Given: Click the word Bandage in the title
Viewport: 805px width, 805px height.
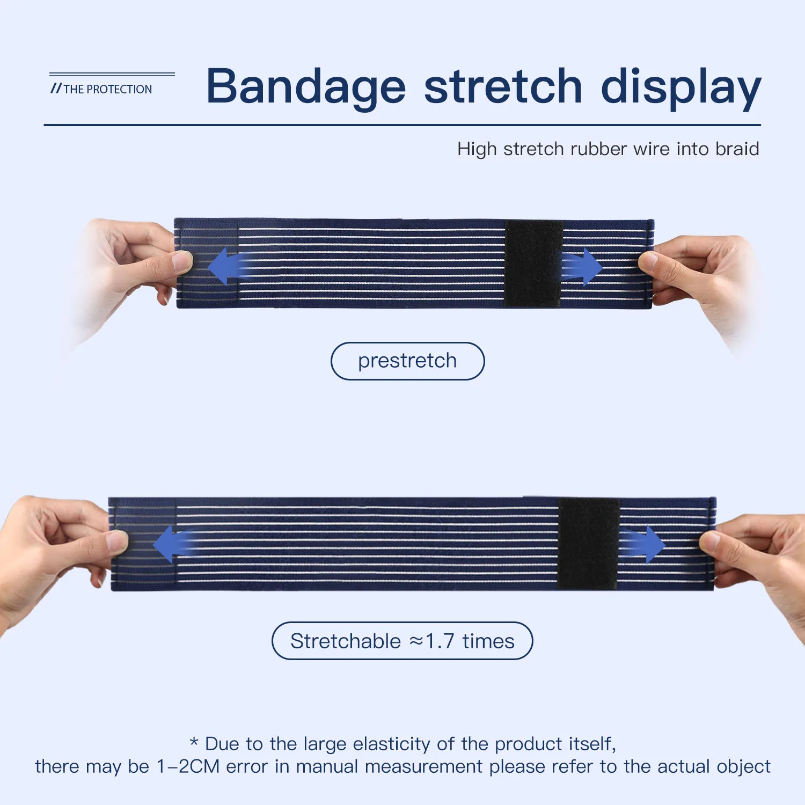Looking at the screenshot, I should pos(306,87).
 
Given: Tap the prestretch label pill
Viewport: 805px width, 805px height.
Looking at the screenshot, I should pos(407,361).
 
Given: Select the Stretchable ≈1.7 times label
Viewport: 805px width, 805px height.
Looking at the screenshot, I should pos(402,641).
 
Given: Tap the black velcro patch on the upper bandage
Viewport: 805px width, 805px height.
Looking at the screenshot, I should pos(533,263).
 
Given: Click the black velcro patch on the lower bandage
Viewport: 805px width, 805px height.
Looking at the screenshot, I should pos(589,543).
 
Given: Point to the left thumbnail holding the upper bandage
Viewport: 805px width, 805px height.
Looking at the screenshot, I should pos(182,261).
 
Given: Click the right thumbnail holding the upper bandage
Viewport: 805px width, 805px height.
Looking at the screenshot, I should pos(648,261).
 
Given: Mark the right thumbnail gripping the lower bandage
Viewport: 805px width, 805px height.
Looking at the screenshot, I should pos(710,540).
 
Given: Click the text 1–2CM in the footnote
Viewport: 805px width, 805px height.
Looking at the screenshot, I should pos(188,766).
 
